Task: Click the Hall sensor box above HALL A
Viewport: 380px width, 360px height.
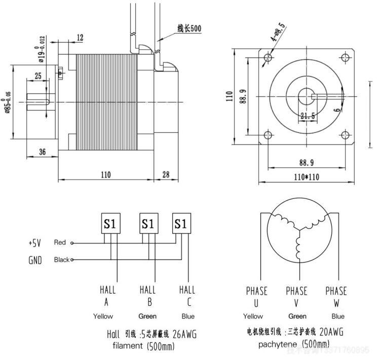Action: [x=110, y=224]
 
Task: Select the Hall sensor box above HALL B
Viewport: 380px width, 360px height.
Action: [x=147, y=224]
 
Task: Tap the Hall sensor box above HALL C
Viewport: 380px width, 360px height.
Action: [x=182, y=224]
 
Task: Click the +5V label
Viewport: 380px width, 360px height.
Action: [x=35, y=243]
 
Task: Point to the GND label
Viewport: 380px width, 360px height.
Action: [x=35, y=260]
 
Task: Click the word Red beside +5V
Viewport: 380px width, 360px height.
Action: [x=60, y=243]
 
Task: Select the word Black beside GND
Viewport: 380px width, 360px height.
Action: [x=61, y=260]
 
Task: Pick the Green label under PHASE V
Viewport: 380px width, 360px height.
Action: [x=296, y=316]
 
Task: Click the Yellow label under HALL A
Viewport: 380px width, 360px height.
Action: [x=103, y=316]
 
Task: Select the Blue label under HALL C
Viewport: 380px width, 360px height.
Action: [x=188, y=316]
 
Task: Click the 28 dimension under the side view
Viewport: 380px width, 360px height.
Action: [x=166, y=175]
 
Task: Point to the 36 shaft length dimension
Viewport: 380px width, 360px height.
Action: [x=42, y=152]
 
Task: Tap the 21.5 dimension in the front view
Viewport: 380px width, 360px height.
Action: [x=308, y=116]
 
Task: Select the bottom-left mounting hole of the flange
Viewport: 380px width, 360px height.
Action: [x=268, y=135]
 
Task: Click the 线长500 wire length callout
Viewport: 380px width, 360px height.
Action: [x=189, y=28]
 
